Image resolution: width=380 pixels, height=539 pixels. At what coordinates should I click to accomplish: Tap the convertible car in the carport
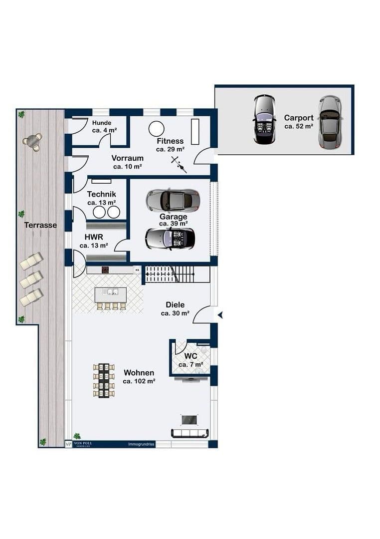264,119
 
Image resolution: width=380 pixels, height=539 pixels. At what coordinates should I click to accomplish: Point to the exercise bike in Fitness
178,163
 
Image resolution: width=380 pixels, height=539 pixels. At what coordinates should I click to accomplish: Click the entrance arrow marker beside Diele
219,315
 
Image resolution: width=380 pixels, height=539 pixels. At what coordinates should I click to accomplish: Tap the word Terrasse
40,226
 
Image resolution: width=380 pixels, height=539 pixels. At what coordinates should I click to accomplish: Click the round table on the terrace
32,141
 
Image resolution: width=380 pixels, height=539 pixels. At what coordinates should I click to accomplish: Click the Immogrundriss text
142,444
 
